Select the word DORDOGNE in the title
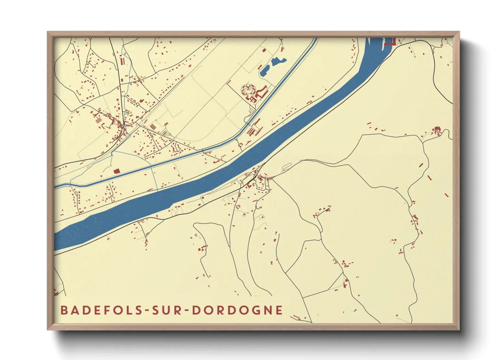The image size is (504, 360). (x=237, y=310)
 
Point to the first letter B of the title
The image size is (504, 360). (x=63, y=310)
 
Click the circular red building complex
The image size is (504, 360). (x=248, y=90)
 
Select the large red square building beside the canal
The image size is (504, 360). (x=116, y=171)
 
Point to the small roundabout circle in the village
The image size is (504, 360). (x=138, y=105)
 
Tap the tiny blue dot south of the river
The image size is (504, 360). (x=191, y=238)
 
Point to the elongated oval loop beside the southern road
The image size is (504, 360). (x=287, y=166)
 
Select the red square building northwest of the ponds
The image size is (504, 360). (x=264, y=50)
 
